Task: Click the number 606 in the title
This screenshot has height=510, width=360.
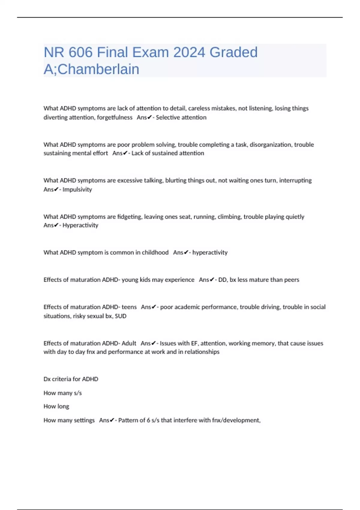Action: click(80, 52)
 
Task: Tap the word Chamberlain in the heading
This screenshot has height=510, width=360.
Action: click(98, 69)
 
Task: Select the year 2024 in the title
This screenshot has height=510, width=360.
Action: click(189, 52)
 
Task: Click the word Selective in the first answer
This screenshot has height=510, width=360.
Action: click(166, 117)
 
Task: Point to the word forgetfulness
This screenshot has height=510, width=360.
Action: click(115, 117)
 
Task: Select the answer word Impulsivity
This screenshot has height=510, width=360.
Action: click(77, 189)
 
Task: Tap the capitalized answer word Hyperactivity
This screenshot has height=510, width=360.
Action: click(80, 225)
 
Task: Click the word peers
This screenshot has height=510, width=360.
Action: click(292, 280)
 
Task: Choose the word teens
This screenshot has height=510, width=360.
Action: click(129, 307)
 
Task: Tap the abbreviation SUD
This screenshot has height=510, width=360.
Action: click(121, 316)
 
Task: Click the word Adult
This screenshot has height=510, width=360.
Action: click(129, 343)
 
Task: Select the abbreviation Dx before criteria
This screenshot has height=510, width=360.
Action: click(47, 379)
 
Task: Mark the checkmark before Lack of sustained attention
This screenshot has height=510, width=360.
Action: click(125, 153)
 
